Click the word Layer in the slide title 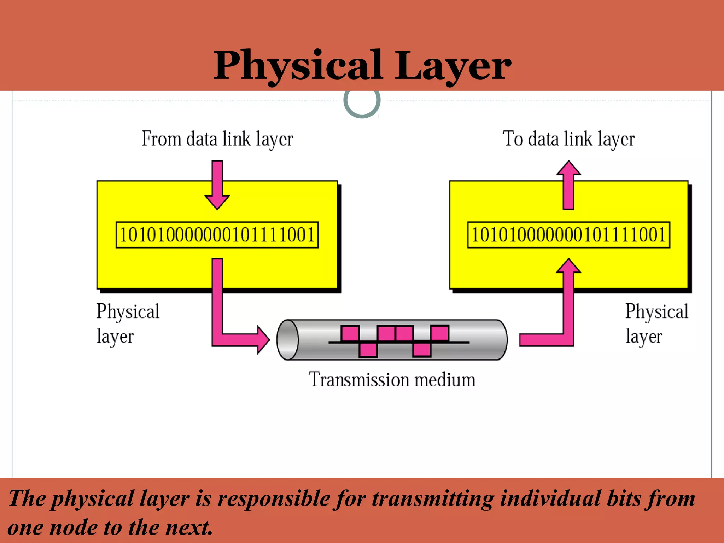point(452,66)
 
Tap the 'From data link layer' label point(217,139)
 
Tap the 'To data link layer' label point(568,139)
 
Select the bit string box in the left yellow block point(217,235)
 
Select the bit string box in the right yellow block point(568,235)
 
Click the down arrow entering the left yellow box point(217,186)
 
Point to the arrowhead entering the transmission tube point(263,340)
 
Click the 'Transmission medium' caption point(392,380)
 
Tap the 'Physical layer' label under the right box point(656,323)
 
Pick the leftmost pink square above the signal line point(350,333)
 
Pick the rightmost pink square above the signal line point(440,333)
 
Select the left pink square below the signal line point(368,350)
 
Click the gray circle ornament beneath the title point(362,103)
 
